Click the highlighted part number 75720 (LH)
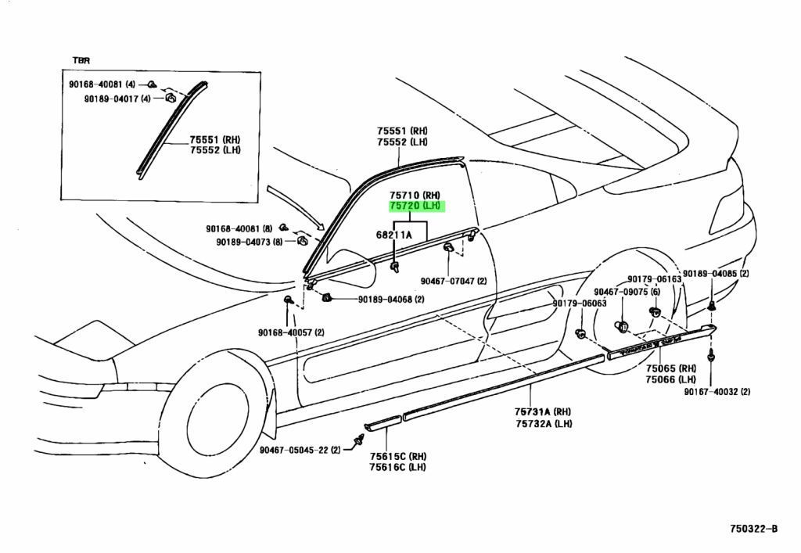[416, 206]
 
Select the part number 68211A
[393, 235]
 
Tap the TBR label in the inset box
[81, 60]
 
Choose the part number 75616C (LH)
[397, 468]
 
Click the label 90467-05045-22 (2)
[299, 450]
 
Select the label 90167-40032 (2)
[718, 391]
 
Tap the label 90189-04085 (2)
[716, 274]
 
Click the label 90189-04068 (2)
[391, 300]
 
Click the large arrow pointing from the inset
[295, 208]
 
